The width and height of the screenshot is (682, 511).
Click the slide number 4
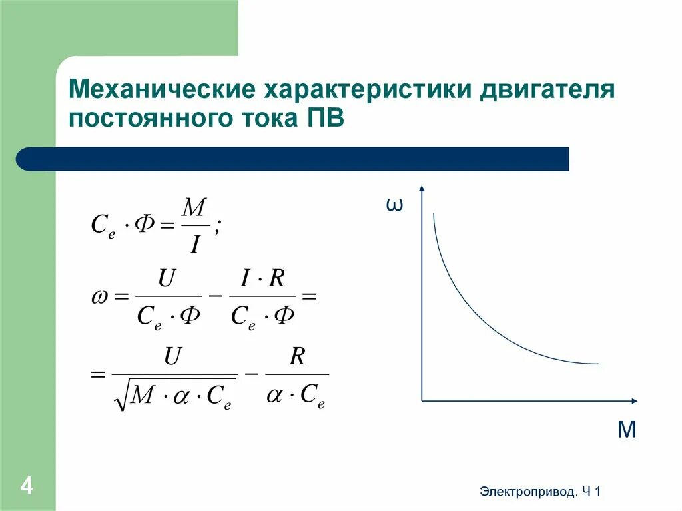(x=27, y=485)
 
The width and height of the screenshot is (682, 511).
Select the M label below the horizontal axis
(x=627, y=430)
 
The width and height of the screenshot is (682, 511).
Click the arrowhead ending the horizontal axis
(x=634, y=400)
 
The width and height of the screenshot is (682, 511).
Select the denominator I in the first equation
(x=194, y=245)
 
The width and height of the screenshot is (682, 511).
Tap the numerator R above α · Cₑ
(x=297, y=357)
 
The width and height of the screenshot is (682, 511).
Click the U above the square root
(x=172, y=357)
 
